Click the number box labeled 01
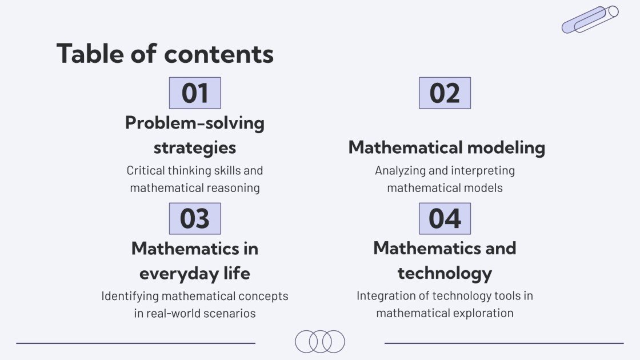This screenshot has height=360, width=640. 195,93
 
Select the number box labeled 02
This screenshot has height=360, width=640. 445,93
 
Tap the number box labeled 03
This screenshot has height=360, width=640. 195,219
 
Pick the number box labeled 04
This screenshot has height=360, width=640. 445,219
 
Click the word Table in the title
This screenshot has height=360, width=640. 91,54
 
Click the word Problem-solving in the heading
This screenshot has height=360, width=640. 195,123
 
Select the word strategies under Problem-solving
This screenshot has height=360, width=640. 195,147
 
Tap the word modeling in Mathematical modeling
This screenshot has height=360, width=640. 506,147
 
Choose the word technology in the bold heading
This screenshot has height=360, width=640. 445,273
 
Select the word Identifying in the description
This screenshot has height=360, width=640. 130,296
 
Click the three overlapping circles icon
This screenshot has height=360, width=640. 320,341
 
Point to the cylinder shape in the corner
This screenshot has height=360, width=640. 590,19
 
